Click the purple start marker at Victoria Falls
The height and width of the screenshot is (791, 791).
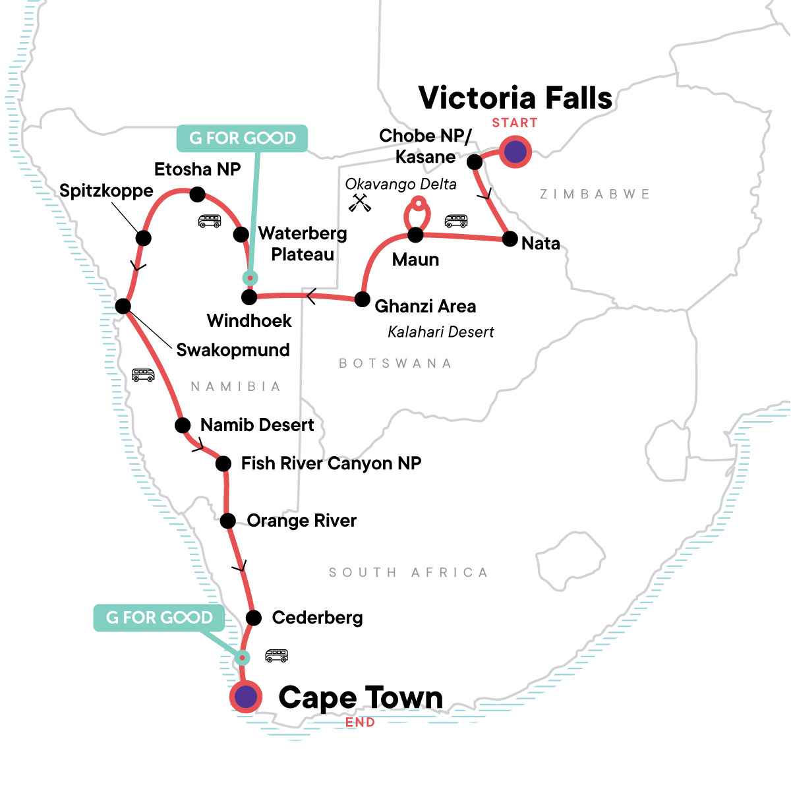tap(515, 152)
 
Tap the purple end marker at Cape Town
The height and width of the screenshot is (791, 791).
tap(246, 697)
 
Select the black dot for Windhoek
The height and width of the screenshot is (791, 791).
tap(249, 297)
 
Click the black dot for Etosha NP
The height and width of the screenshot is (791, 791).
tap(197, 194)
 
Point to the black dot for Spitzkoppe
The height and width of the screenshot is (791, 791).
tap(143, 238)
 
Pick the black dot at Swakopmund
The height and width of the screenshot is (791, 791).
tap(123, 306)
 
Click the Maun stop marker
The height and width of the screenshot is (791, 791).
tap(415, 235)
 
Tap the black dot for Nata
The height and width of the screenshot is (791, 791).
tap(510, 239)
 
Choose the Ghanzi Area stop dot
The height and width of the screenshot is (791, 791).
tap(362, 299)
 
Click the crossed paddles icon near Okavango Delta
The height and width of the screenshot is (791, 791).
tap(360, 202)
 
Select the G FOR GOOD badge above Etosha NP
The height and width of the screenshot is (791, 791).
tap(242, 138)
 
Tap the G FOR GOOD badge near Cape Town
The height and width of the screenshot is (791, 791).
tap(159, 618)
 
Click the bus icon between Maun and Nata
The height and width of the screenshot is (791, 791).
tap(456, 220)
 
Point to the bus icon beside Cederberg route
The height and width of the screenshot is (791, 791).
tap(276, 655)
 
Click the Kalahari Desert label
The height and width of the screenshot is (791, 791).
tap(440, 332)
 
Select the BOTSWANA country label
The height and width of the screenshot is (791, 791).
tap(395, 363)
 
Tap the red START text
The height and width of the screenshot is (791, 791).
tap(514, 123)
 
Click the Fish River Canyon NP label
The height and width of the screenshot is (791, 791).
tap(331, 463)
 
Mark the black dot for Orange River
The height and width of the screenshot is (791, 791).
tap(227, 521)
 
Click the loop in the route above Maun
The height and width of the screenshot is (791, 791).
tap(417, 213)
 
